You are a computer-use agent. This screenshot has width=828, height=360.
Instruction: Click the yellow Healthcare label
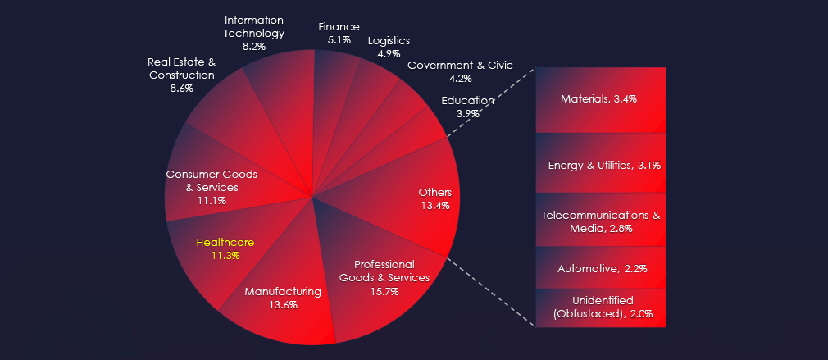click(x=225, y=243)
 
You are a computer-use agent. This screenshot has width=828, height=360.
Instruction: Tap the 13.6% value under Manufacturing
click(x=283, y=304)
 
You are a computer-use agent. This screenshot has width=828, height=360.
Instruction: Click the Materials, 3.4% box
click(x=601, y=100)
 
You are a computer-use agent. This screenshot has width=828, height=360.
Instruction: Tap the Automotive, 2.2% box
click(x=601, y=267)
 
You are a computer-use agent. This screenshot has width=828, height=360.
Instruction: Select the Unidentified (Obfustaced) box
click(x=601, y=308)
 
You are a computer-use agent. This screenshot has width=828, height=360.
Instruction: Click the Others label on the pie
click(x=435, y=193)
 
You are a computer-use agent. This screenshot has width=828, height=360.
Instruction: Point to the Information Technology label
click(x=254, y=26)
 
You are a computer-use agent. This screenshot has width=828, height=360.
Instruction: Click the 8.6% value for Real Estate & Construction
click(x=182, y=89)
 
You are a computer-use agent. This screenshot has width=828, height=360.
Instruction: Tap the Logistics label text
click(x=389, y=41)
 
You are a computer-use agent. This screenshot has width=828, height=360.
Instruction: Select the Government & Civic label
click(x=460, y=66)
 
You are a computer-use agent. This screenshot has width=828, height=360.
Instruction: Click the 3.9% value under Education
click(x=468, y=113)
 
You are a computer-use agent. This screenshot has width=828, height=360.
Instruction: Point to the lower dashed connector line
click(x=491, y=292)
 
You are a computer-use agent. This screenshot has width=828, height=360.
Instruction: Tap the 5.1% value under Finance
click(x=339, y=39)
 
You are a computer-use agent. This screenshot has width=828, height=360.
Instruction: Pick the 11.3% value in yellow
click(x=225, y=256)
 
